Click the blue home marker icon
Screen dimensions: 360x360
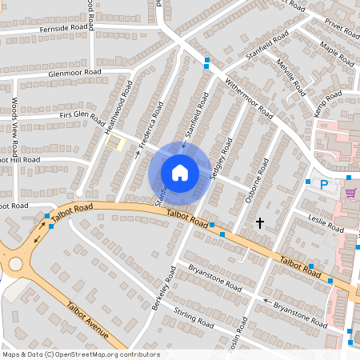pos(180,173)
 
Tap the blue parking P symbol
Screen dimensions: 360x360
pos(324,185)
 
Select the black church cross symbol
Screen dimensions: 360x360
pos(259,222)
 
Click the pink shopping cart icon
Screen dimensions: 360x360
pos(350,193)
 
